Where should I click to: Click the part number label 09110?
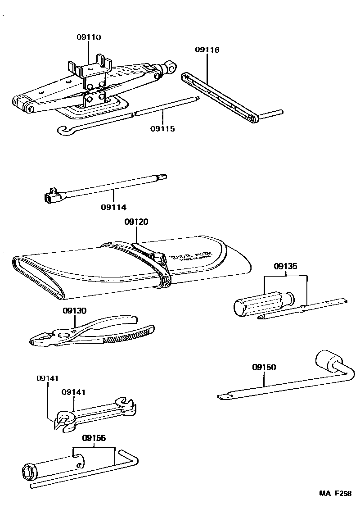(88, 37)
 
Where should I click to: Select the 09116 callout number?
(207, 50)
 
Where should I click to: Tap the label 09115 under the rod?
(162, 128)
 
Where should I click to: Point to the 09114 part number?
(113, 207)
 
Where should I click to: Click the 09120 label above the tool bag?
(136, 222)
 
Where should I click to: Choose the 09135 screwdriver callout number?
(285, 266)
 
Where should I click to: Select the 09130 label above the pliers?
(74, 310)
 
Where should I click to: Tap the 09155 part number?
(94, 437)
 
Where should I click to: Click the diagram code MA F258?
(335, 493)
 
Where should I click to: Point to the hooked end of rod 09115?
(63, 130)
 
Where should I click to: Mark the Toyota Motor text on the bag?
(191, 259)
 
